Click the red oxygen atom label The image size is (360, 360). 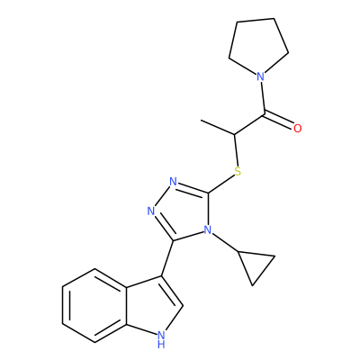(x=297, y=129)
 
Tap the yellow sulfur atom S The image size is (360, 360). (x=238, y=172)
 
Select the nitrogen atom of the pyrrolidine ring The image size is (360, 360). (x=261, y=76)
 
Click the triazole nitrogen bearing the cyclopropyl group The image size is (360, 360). (x=207, y=230)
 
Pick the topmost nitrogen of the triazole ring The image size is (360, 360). (x=173, y=182)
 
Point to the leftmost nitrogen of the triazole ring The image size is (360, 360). (x=151, y=211)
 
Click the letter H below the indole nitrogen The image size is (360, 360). (x=161, y=345)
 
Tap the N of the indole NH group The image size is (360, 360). (x=161, y=334)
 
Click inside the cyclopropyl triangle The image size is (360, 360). (x=255, y=265)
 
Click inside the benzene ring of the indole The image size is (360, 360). (x=94, y=305)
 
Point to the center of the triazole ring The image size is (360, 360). (x=183, y=211)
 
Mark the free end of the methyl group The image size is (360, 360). (x=202, y=121)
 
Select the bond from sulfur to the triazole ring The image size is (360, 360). (x=221, y=184)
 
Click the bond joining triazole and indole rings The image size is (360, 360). (x=167, y=258)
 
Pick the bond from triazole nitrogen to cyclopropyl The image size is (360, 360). (x=224, y=242)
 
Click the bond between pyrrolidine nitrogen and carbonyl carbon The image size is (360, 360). (x=263, y=98)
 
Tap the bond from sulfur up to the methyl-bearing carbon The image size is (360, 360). (x=236, y=150)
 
